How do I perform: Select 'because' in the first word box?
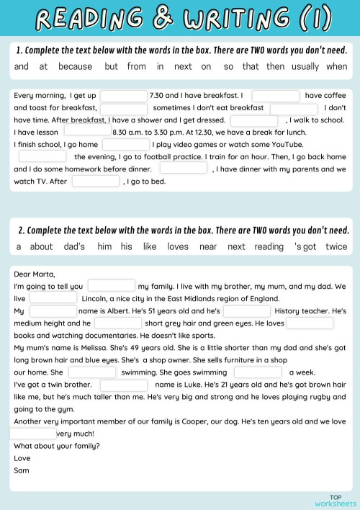click(x=75, y=66)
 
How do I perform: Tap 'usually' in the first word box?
click(x=305, y=66)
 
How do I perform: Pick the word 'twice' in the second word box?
click(x=336, y=246)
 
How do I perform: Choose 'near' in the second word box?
click(x=208, y=246)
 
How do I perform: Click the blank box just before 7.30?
click(x=123, y=95)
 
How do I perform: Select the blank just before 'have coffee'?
click(x=275, y=95)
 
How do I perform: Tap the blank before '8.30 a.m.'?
click(x=87, y=131)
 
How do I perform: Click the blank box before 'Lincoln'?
click(x=53, y=298)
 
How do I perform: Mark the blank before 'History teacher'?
click(x=246, y=311)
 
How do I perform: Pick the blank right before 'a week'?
click(x=257, y=372)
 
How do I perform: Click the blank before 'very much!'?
click(x=32, y=434)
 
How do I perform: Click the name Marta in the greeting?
click(x=42, y=274)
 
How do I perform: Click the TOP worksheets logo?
click(x=336, y=500)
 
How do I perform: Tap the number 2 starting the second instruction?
click(x=21, y=231)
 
